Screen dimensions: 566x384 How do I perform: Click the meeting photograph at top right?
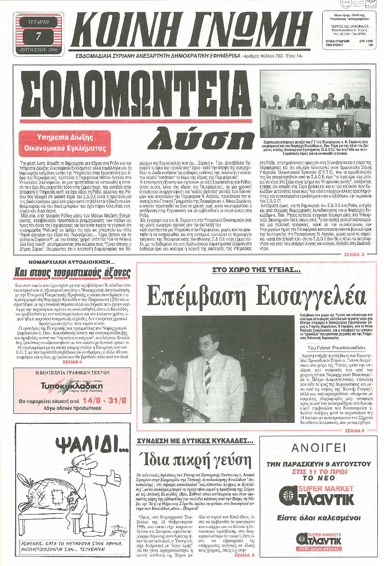click(315, 104)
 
